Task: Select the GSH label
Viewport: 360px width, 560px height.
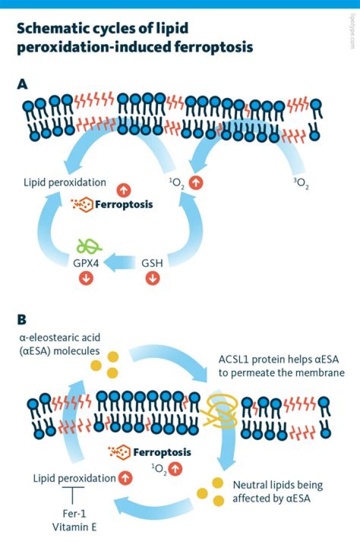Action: coord(151,262)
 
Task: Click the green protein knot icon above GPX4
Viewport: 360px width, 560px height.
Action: coord(89,245)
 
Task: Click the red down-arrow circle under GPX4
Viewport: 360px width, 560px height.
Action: coord(86,279)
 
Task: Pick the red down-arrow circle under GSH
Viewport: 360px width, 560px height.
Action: coord(152,279)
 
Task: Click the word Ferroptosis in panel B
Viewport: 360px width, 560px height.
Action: coord(162,452)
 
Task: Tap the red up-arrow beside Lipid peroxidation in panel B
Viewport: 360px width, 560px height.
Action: coord(125,478)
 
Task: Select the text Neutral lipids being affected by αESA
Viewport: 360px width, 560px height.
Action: coord(278,491)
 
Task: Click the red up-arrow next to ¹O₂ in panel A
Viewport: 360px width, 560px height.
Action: coord(197,183)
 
